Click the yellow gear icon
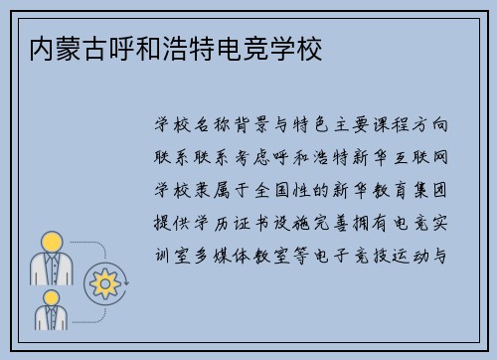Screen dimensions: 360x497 click(103, 284)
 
